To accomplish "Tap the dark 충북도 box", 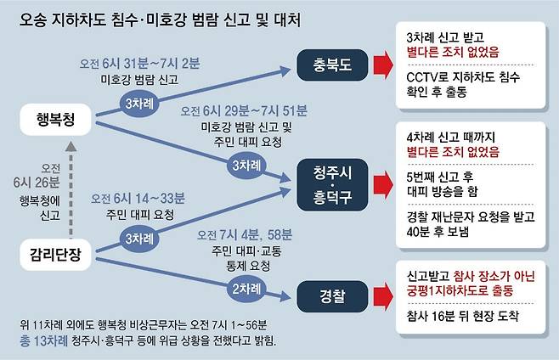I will [334, 63].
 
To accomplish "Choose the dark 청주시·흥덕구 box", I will [334, 182].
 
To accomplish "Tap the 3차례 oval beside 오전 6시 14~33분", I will [138, 239].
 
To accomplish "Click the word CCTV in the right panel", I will [423, 77].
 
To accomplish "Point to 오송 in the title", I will [34, 17].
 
